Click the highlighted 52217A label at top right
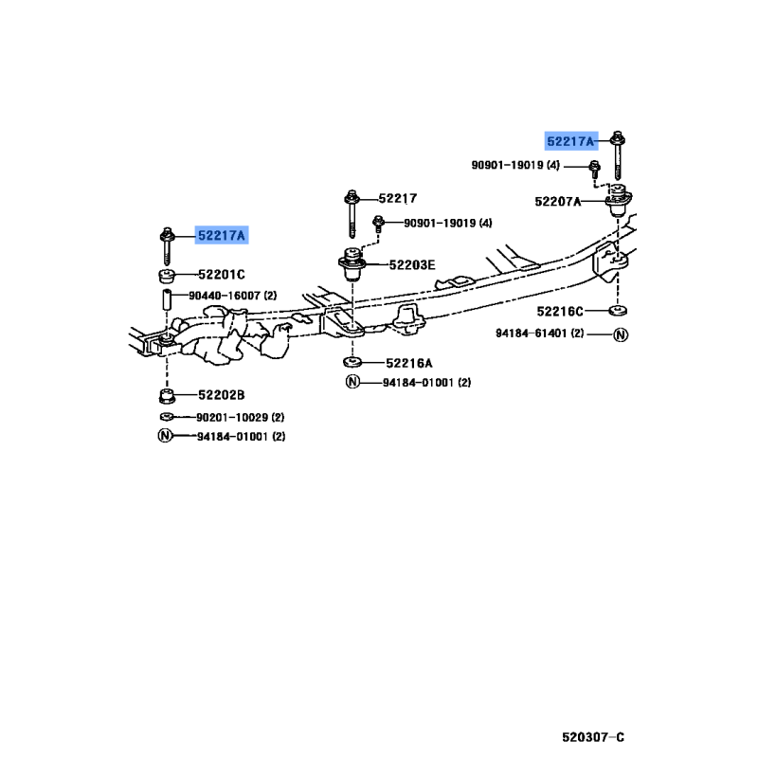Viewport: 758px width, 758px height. [x=571, y=141]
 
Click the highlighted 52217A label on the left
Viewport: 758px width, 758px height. [x=222, y=235]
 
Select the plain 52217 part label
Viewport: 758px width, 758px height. [x=397, y=198]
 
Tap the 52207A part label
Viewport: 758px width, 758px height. [x=558, y=201]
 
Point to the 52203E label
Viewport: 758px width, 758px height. [x=412, y=265]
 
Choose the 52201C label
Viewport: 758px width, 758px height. [x=222, y=275]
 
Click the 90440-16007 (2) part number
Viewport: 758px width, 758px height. [x=232, y=296]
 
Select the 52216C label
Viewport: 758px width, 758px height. [x=560, y=312]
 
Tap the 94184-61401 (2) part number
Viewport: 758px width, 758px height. [x=539, y=334]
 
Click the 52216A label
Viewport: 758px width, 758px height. [x=409, y=363]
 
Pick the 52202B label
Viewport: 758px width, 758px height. [x=222, y=395]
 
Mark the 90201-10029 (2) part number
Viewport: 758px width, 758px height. [x=241, y=417]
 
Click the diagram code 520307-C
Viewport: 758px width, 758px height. [x=593, y=737]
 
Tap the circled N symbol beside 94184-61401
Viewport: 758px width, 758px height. [x=621, y=334]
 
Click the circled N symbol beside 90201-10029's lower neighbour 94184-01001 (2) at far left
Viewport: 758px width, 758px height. [x=165, y=436]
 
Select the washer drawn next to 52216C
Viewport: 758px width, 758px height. [x=618, y=311]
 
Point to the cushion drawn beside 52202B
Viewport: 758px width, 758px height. [x=167, y=395]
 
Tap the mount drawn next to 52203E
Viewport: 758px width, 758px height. [x=352, y=265]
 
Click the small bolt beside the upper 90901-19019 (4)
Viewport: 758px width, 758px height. [x=595, y=171]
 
